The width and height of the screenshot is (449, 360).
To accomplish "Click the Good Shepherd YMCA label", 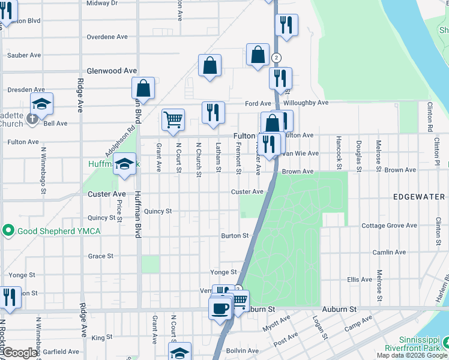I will [x=58, y=231].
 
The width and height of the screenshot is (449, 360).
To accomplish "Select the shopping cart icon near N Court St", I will [x=173, y=119].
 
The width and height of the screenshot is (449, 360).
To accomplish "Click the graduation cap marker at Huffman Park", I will [x=124, y=164].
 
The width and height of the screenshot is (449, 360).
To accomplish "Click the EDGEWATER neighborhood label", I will [x=420, y=197].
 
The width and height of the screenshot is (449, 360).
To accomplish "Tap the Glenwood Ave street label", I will [x=112, y=71].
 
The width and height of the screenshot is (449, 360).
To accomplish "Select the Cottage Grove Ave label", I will [x=390, y=226].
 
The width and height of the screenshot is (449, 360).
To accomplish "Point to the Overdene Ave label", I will [x=107, y=37].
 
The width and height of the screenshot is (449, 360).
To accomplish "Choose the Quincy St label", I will [x=158, y=211].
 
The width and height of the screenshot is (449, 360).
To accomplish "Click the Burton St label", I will [x=234, y=236].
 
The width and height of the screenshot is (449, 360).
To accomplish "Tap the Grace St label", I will [x=100, y=256].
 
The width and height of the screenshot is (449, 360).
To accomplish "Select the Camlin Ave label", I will [x=390, y=252].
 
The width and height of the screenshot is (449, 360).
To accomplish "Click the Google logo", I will [x=20, y=353].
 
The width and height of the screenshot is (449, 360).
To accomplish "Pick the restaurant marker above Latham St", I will [x=213, y=112].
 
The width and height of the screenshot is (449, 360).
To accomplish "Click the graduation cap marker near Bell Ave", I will [x=41, y=104].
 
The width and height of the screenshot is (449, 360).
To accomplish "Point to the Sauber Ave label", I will [x=24, y=55].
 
